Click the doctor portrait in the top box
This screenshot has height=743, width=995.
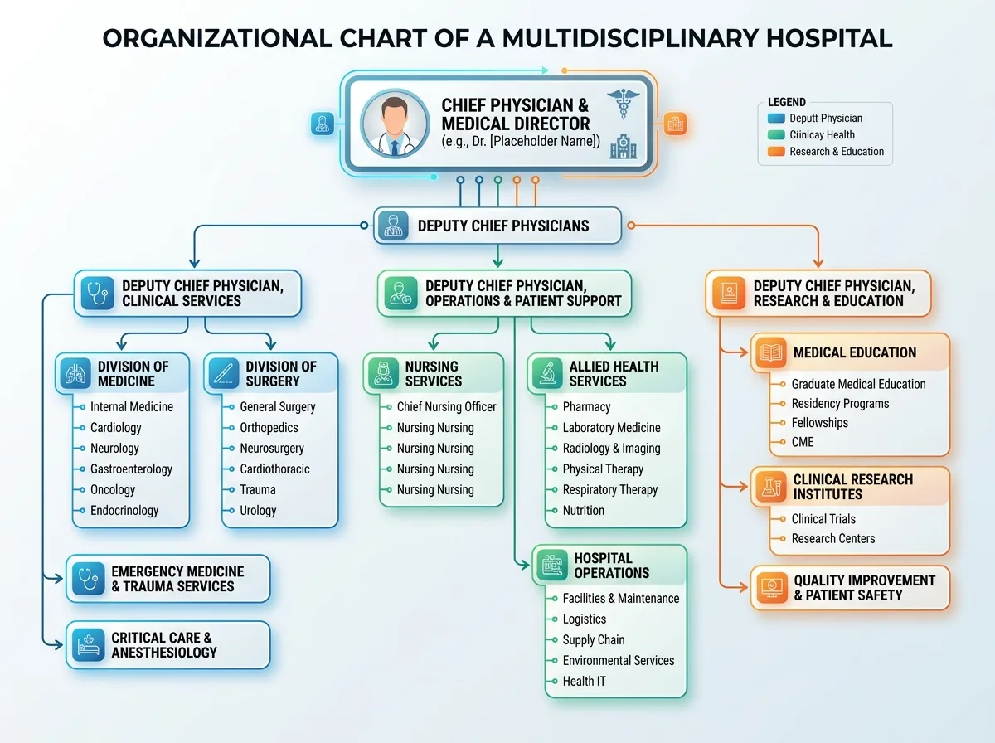395,124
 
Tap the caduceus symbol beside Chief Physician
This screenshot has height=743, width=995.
624,104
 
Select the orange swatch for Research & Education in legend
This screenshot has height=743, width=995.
776,152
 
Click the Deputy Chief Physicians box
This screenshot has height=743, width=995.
498,226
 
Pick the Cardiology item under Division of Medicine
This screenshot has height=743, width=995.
115,428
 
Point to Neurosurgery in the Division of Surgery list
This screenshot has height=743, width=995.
272,449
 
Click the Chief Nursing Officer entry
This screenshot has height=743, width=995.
446,406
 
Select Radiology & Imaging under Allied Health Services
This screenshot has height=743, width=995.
611,449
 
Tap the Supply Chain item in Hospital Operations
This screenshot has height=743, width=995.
594,639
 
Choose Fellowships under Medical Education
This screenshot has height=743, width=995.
819,423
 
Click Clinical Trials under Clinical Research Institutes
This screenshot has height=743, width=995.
823,518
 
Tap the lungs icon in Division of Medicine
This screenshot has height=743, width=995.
75,373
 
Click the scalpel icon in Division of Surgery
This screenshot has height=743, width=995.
224,373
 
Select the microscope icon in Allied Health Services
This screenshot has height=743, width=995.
547,373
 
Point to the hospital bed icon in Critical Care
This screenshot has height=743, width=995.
89,644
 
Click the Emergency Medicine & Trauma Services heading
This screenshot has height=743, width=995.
177,579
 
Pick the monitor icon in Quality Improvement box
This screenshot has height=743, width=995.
772,588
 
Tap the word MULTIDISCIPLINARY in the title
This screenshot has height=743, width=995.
630,38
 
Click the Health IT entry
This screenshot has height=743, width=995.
585,681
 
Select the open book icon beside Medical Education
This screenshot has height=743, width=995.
771,352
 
